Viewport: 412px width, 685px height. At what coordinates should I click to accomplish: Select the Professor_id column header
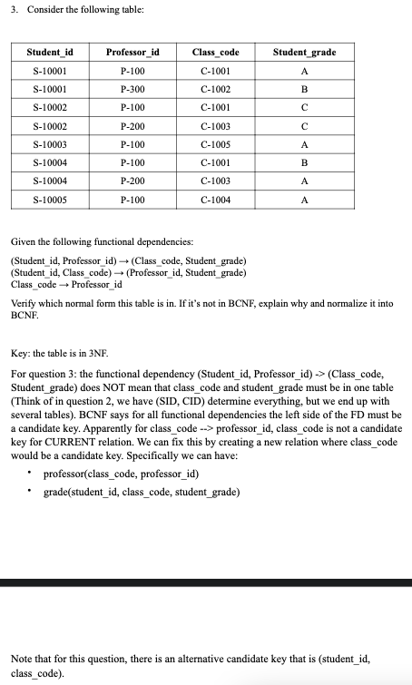(132, 53)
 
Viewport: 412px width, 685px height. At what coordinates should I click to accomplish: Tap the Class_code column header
(216, 53)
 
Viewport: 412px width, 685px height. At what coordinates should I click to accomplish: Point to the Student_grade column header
(304, 53)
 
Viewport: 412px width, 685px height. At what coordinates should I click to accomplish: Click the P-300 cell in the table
(132, 90)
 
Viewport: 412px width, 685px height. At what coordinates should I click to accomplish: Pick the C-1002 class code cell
(216, 90)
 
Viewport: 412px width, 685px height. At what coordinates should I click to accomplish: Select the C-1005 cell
(216, 143)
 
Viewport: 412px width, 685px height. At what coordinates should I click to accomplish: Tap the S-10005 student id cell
(49, 198)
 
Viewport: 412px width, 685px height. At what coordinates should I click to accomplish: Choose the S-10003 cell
(49, 143)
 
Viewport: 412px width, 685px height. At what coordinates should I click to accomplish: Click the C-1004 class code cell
(216, 198)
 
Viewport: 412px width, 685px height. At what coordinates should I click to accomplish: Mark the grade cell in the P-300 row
(304, 90)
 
